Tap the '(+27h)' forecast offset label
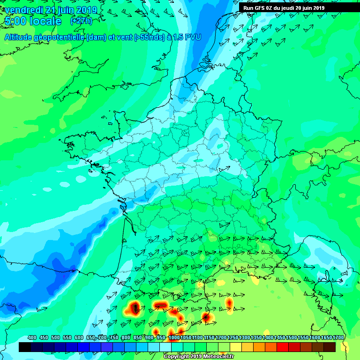81,21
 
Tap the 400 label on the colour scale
32,337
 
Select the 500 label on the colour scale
55,337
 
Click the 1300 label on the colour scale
244,337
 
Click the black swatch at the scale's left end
25,347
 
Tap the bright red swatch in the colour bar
283,347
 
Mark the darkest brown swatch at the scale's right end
330,347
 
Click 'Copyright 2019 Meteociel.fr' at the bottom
198,356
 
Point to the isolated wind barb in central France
225,167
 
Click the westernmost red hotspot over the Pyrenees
135,308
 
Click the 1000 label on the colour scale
174,337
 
